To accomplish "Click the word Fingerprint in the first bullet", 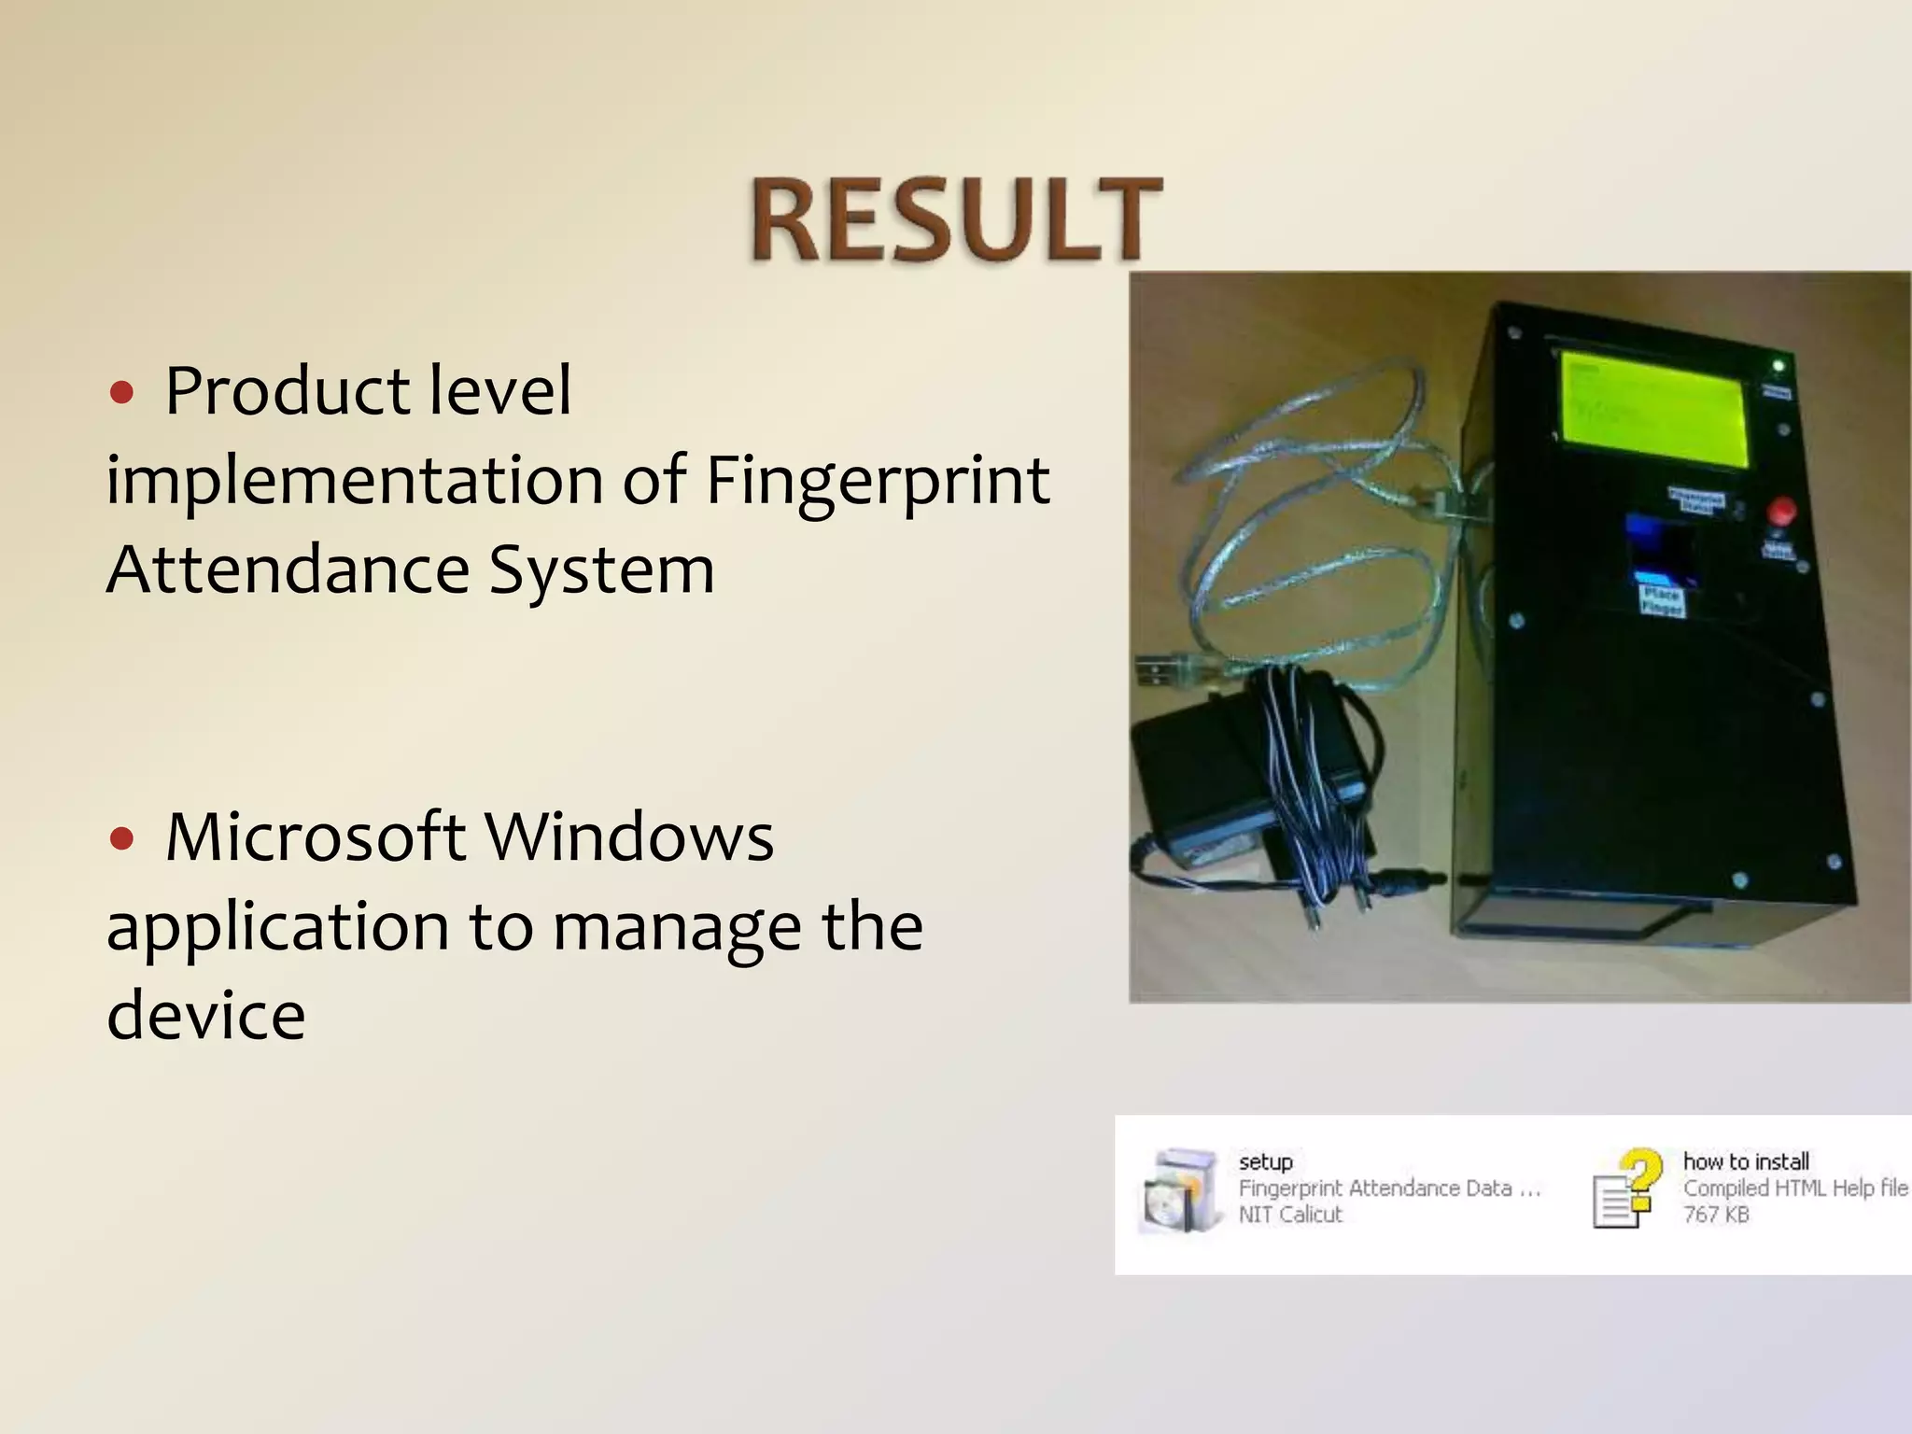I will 877,480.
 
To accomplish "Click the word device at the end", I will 205,1015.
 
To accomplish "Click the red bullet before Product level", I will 121,393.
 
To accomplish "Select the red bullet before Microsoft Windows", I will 121,839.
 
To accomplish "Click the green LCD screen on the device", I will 1651,410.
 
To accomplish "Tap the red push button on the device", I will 1781,511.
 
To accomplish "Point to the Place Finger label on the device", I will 1662,600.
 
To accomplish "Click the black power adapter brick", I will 1242,775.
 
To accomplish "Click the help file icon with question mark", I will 1628,1188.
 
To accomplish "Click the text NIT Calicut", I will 1289,1215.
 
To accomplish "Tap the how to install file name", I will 1745,1161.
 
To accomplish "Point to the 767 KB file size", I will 1715,1215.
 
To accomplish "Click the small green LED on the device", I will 1778,365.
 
